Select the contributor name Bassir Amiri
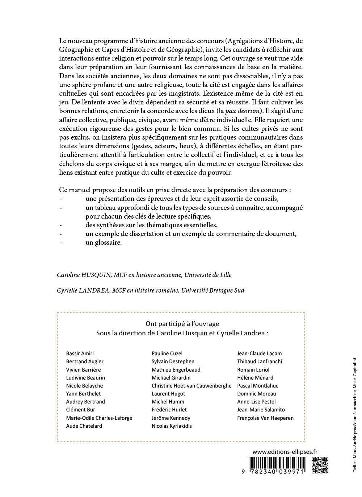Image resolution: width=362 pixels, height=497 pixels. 80,353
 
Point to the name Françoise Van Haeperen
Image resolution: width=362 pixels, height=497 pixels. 265,418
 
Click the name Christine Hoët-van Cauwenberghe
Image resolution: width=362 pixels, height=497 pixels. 191,386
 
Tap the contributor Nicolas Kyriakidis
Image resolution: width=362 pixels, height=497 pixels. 172,426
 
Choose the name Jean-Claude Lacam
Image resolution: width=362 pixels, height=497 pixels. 259,353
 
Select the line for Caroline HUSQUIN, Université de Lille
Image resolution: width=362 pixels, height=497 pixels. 144,275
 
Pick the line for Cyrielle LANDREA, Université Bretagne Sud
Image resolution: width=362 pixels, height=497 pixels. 151,290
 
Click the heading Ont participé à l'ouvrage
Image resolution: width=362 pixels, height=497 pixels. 182,324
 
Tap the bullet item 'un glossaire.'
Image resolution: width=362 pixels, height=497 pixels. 104,243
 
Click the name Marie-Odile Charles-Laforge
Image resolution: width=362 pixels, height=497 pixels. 99,418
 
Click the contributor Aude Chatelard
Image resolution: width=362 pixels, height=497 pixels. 84,426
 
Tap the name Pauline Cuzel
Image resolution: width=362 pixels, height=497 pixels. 167,353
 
